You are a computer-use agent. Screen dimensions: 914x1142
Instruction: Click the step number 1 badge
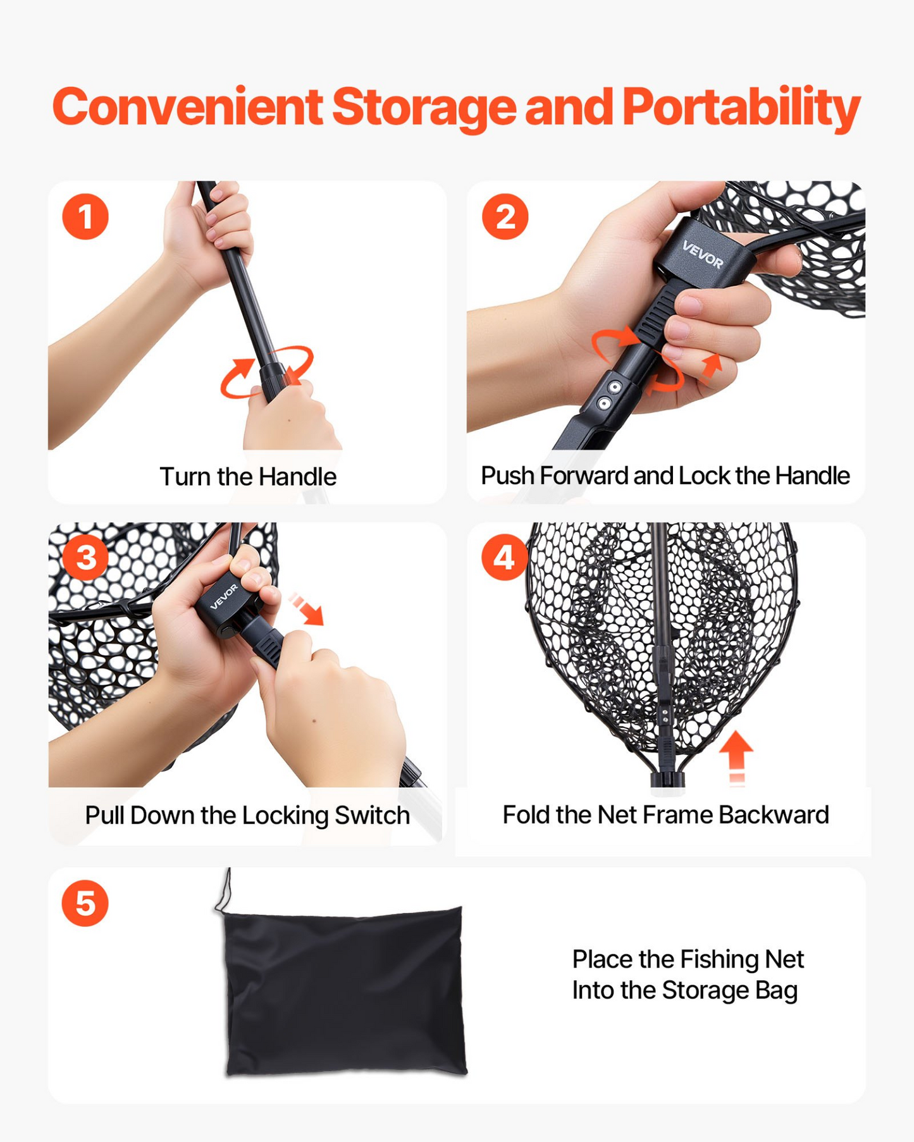point(85,216)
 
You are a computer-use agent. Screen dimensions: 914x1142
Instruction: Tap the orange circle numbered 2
point(505,216)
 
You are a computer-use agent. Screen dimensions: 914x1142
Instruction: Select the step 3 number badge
point(86,557)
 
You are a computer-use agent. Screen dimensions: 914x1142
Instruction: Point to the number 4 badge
point(504,557)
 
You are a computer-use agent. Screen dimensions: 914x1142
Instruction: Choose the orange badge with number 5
point(85,903)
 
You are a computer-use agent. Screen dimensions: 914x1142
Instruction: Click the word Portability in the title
point(741,107)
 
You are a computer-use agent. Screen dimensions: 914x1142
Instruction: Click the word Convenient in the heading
point(188,107)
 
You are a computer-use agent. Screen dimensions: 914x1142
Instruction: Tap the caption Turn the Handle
point(248,477)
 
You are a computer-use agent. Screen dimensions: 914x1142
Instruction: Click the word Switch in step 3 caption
point(372,815)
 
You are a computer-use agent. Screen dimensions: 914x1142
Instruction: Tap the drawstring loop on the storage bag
point(225,892)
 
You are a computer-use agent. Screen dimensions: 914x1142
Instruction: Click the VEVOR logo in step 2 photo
point(703,254)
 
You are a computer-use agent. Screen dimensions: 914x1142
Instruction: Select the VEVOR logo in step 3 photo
point(224,596)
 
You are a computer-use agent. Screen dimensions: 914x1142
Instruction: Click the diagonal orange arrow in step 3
point(306,608)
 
